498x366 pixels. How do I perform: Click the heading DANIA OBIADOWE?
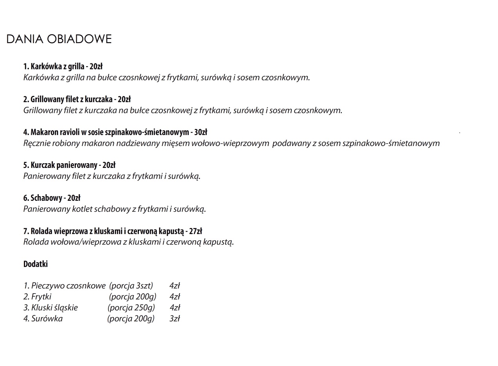(59, 39)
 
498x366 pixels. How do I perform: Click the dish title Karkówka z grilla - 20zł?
(63, 66)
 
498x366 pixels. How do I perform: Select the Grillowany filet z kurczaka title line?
(77, 99)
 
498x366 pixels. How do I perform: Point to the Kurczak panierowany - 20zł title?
(69, 165)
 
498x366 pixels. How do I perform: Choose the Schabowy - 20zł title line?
(52, 198)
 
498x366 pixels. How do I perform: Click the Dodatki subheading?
(36, 264)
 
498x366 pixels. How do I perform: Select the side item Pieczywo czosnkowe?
(65, 286)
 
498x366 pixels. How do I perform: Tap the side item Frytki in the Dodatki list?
(41, 297)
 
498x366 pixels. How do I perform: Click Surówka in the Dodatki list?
(47, 319)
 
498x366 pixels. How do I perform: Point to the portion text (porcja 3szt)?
(131, 286)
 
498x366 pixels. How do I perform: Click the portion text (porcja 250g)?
(131, 308)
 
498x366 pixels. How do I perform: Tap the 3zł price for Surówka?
(175, 319)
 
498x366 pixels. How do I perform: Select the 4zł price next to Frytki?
(175, 297)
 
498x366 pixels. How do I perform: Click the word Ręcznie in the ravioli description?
(37, 143)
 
